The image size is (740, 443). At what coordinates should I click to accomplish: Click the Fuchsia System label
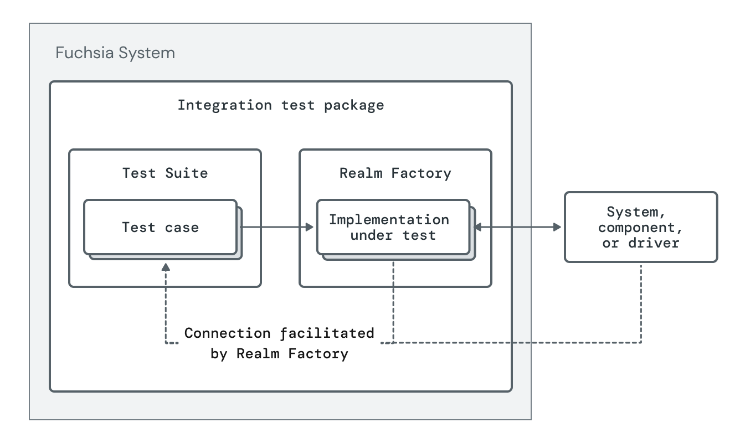click(x=115, y=53)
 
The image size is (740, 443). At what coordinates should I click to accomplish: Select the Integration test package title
click(x=280, y=105)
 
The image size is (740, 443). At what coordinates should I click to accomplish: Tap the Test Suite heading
click(x=165, y=173)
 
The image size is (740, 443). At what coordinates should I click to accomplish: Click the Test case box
click(x=161, y=227)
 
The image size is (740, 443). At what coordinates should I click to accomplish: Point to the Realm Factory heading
click(x=395, y=173)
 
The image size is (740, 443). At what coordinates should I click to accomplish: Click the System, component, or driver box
click(x=640, y=227)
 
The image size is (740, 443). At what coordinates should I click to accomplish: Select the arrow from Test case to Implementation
click(x=277, y=227)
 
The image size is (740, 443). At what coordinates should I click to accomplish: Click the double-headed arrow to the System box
click(x=518, y=227)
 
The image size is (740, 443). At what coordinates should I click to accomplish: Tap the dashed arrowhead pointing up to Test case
click(x=166, y=267)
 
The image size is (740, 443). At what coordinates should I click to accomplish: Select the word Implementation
click(x=389, y=219)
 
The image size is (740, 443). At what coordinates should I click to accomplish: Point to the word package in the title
click(x=354, y=105)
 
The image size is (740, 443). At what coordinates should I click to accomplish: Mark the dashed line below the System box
click(x=641, y=302)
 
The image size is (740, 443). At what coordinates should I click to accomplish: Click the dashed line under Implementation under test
click(x=393, y=299)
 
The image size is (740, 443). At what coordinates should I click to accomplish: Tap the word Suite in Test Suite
click(x=187, y=173)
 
